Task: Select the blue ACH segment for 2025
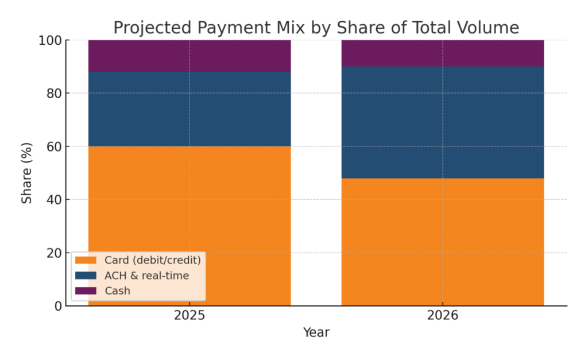click(x=189, y=109)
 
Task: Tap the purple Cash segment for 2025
click(x=189, y=56)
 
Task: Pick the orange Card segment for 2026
click(x=443, y=242)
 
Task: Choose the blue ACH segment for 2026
click(x=443, y=122)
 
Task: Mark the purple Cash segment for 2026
click(x=443, y=53)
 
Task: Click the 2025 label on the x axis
click(x=189, y=315)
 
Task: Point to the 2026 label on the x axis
click(x=443, y=315)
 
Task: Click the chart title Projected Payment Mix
click(x=316, y=28)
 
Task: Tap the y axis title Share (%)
click(x=27, y=173)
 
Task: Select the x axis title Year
click(x=316, y=332)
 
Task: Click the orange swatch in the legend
click(x=86, y=261)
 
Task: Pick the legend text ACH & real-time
click(x=146, y=276)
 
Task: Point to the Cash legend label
click(x=117, y=291)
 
